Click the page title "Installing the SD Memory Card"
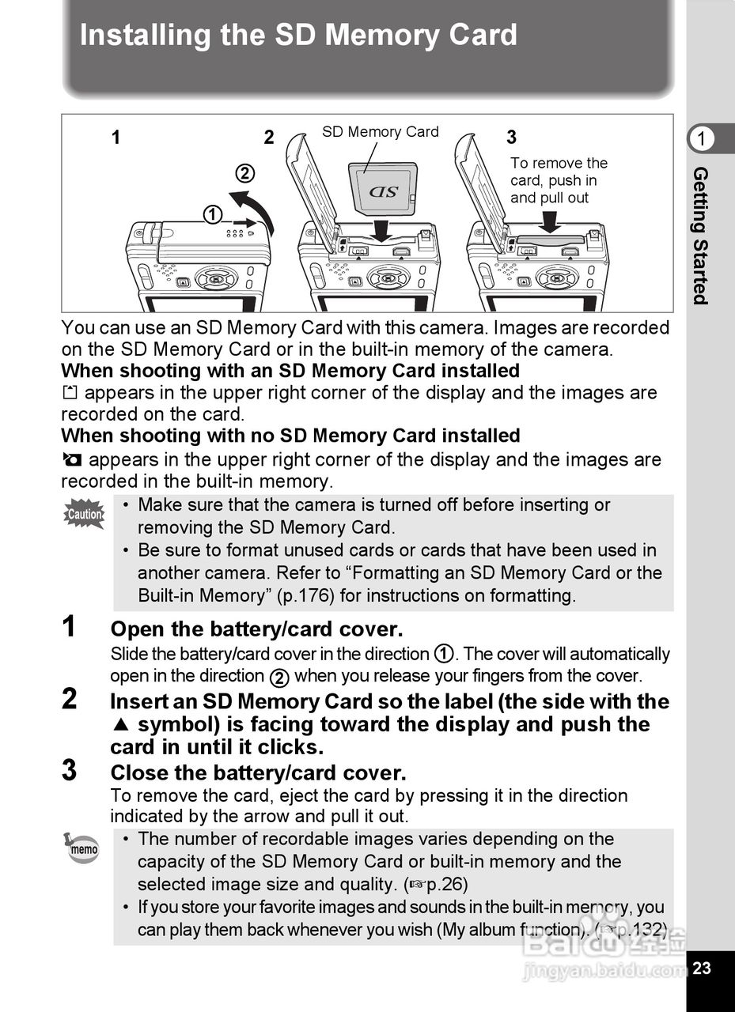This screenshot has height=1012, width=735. [298, 36]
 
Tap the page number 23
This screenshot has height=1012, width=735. [703, 968]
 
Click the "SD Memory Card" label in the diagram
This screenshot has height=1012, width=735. [380, 132]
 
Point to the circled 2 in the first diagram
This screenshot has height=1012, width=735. [245, 173]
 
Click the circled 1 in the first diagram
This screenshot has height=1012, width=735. [212, 214]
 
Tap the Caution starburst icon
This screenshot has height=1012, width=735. [85, 515]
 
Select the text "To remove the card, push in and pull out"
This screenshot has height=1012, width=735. [559, 180]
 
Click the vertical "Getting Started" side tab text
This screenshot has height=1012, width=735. [700, 235]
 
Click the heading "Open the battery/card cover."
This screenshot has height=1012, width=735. [256, 629]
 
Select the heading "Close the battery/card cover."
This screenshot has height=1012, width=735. [258, 772]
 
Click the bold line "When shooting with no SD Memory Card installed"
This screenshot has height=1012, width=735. [290, 436]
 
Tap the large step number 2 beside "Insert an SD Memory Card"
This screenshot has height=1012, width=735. [70, 700]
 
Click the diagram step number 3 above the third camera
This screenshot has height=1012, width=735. [511, 138]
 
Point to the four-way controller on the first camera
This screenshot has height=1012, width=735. [216, 278]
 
